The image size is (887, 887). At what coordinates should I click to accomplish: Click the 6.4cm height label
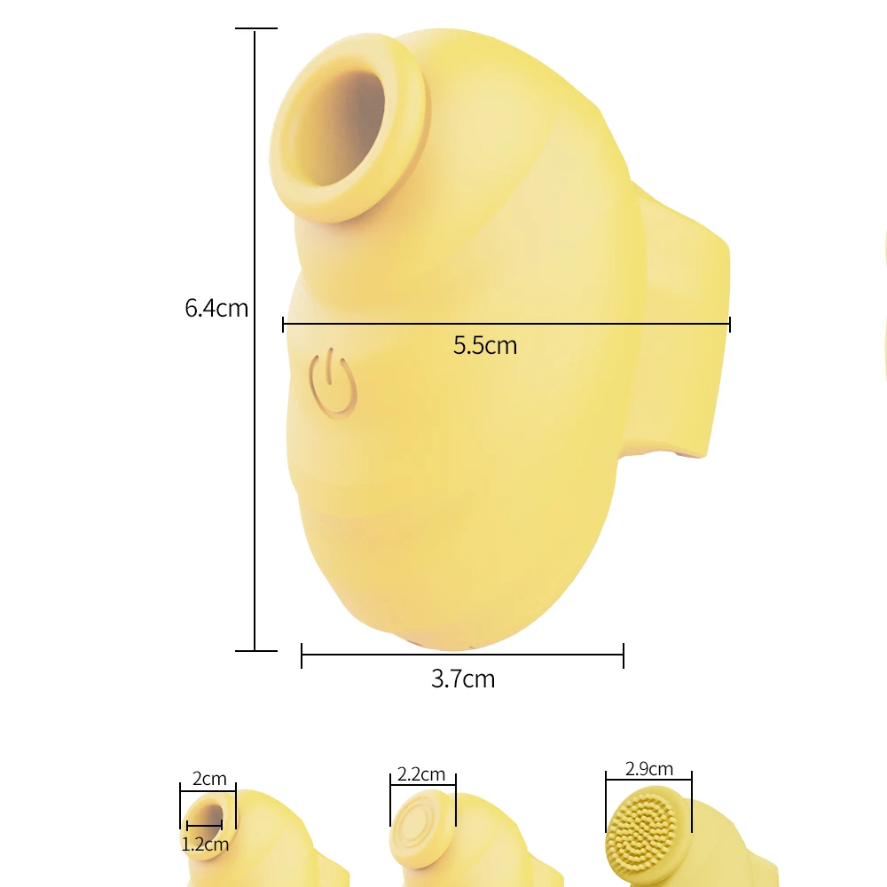coord(216,309)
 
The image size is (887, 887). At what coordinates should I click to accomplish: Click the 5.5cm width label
coord(485,345)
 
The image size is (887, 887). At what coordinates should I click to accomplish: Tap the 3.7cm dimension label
coord(463,679)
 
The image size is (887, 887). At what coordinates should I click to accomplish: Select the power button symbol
coord(332,383)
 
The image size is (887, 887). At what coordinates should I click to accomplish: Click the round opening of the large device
coord(346,129)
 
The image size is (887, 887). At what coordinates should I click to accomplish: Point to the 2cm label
coord(209,780)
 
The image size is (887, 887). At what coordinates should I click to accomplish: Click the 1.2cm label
coord(205,844)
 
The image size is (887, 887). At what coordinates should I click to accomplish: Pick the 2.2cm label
coord(422,774)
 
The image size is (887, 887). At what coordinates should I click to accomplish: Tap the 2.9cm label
coord(648,769)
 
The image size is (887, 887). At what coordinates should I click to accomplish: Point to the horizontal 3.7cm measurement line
coord(462,655)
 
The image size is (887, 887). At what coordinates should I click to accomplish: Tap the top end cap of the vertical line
coord(255,29)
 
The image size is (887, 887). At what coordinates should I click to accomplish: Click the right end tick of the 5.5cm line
coord(729,325)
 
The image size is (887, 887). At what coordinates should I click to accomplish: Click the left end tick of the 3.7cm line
coord(302,655)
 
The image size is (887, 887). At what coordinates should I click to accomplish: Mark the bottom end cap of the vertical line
coord(255,650)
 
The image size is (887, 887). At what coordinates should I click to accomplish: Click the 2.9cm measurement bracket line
coord(648,781)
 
